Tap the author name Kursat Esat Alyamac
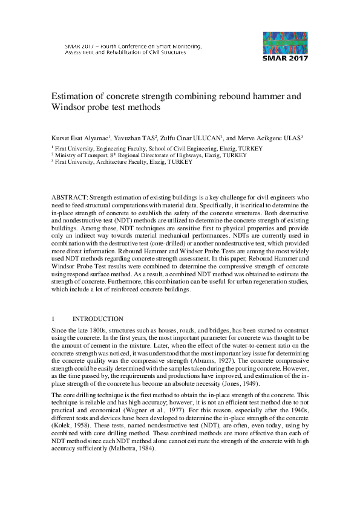tap(80, 137)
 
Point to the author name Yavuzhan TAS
tap(136, 137)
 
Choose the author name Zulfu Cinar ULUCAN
tap(191, 137)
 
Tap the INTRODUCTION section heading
tap(98, 319)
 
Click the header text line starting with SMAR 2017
tap(133, 45)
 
